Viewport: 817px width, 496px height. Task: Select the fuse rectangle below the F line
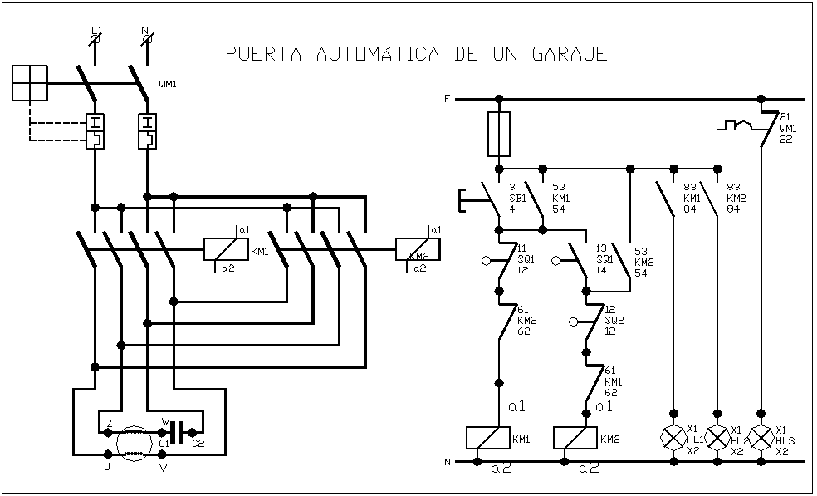[499, 135]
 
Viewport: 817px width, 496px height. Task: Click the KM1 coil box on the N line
[487, 439]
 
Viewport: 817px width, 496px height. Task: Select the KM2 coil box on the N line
[575, 439]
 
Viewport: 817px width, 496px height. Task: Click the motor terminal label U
[106, 468]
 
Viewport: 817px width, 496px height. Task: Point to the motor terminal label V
[163, 468]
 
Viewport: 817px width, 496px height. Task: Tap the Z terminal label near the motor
[109, 423]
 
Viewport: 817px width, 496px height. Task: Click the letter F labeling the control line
[447, 99]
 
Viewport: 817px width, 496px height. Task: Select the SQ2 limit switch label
[614, 320]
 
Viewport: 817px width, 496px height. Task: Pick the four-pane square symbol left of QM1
[31, 83]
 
